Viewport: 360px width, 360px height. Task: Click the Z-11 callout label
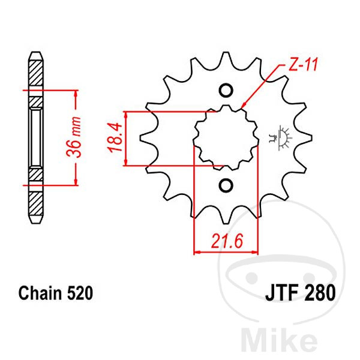click(303, 64)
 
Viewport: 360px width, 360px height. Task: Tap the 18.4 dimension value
click(115, 137)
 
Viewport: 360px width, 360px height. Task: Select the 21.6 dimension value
click(227, 241)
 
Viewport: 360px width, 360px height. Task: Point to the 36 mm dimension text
click(74, 137)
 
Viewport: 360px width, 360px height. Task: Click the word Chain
click(40, 293)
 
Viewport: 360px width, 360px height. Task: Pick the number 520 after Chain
click(80, 293)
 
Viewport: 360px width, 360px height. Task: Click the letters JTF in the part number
click(283, 293)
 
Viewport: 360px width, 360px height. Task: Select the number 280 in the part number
click(320, 293)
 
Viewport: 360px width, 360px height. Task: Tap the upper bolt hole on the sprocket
click(226, 90)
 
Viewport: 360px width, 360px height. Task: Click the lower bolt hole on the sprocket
click(226, 185)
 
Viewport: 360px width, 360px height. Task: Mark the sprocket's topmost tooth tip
click(226, 52)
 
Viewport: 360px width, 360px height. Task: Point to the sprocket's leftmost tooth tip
click(140, 138)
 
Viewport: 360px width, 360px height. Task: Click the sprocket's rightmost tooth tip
click(311, 138)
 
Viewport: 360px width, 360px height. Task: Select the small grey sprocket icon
click(281, 138)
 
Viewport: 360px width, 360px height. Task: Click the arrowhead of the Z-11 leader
click(242, 107)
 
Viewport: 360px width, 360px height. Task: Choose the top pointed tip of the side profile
click(36, 52)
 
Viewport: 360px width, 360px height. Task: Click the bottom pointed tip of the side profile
click(36, 223)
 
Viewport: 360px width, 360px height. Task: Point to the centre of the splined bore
click(226, 138)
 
